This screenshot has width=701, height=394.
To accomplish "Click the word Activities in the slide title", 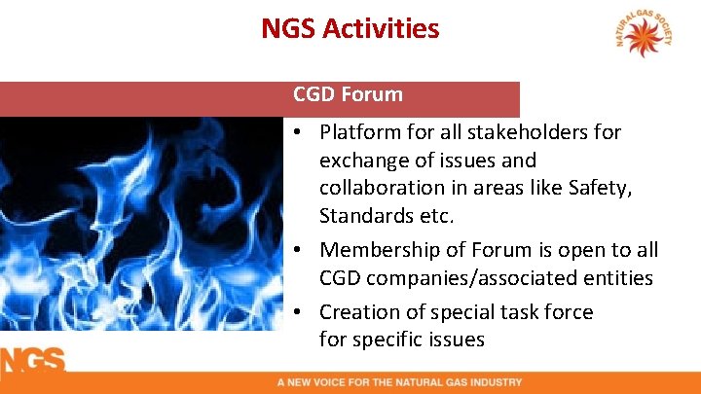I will (386, 29).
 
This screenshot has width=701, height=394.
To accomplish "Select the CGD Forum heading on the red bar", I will (348, 94).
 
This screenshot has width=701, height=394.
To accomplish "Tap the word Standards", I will (363, 213).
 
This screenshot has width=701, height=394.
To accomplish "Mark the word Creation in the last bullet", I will (355, 312).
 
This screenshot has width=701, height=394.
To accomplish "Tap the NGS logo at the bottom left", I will (32, 361).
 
